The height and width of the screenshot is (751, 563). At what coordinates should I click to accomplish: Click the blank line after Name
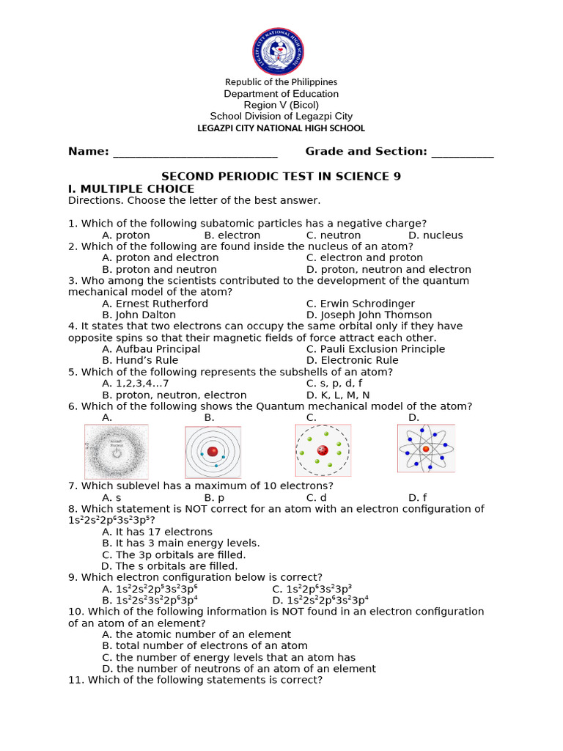point(195,153)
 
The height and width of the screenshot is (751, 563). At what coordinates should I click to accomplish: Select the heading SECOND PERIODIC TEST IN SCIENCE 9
point(281,177)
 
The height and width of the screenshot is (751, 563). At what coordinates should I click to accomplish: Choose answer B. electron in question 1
point(232,235)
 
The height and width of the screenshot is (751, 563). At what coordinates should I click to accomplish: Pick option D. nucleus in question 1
point(435,235)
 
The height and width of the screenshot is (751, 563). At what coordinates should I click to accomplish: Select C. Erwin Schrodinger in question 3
point(360,304)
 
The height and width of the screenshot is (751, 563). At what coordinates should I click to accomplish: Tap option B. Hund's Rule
point(140,361)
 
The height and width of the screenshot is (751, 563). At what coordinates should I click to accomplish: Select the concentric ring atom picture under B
point(213,451)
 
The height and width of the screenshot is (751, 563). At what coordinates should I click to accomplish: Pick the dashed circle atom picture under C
point(323,450)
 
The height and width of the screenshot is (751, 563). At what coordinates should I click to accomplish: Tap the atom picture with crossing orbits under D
point(426,448)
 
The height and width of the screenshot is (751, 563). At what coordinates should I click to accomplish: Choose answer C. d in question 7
point(316,497)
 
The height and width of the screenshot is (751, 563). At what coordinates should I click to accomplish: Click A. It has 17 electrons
point(157,532)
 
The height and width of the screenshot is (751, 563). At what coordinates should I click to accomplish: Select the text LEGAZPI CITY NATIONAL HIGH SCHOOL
point(281,128)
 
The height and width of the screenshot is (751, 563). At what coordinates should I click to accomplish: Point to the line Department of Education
point(281,94)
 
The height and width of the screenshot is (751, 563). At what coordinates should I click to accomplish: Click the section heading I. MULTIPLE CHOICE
point(131,189)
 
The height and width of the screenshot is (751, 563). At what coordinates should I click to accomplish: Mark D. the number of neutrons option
point(239,669)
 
